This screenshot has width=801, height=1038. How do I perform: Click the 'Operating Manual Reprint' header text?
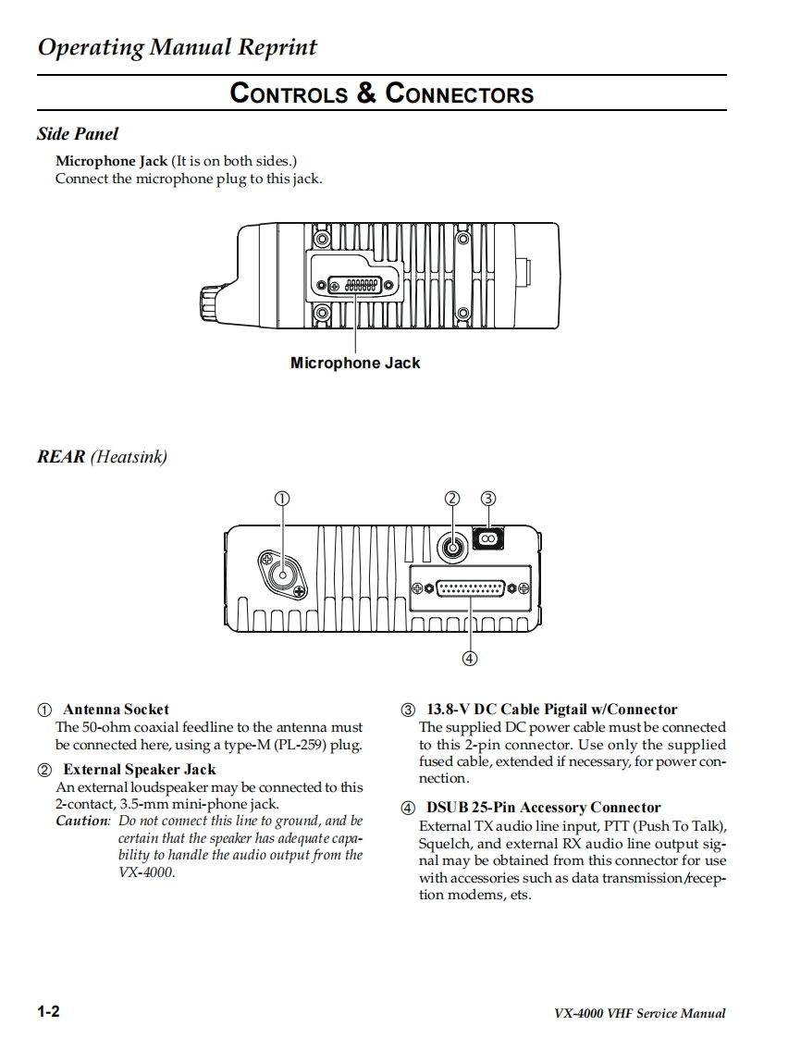(177, 48)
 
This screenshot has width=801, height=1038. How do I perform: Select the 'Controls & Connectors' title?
(381, 93)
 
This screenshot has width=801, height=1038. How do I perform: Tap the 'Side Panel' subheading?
(78, 134)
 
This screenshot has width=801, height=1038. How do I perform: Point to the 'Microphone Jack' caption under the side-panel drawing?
(355, 364)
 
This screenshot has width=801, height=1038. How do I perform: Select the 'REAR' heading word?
(61, 456)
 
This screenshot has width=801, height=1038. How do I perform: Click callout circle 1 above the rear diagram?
(282, 498)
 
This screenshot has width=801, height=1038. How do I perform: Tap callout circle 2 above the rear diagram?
(452, 498)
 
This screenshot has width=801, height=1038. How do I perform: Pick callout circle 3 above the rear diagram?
(488, 498)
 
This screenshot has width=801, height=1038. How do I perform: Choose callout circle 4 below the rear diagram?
(470, 659)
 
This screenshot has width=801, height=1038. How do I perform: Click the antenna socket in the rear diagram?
(282, 573)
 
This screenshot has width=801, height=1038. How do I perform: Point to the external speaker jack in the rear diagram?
(452, 547)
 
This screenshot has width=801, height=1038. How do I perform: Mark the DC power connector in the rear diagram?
(488, 538)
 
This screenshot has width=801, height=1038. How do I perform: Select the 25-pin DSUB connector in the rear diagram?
(470, 587)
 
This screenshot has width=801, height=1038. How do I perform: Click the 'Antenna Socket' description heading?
(116, 710)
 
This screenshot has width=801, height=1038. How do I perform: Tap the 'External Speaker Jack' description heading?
(139, 770)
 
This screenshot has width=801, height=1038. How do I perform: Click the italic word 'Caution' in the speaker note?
(82, 821)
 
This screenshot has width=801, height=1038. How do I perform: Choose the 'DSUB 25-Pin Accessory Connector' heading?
(543, 808)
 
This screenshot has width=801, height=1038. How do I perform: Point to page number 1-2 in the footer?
(49, 1011)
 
